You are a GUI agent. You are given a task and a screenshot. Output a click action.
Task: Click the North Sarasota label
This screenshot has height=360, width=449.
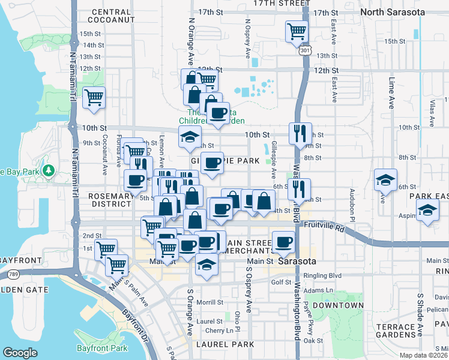392,12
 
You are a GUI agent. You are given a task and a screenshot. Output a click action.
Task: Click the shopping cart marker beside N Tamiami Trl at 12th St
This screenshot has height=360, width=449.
94,97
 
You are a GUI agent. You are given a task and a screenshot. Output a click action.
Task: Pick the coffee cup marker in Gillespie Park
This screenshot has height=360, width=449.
211,163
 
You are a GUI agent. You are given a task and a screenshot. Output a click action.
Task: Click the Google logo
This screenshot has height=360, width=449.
20,353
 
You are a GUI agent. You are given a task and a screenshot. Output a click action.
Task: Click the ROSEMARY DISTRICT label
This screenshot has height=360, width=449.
110,200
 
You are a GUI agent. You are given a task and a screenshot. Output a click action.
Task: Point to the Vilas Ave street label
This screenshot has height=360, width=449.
431,108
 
